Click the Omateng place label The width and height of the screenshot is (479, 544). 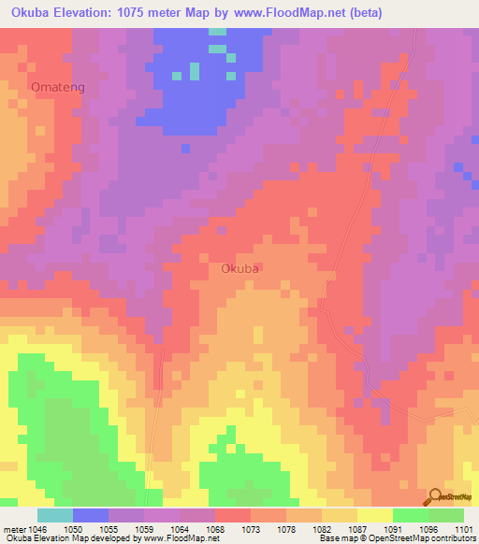(x=58, y=87)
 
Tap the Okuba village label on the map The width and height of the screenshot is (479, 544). (x=240, y=268)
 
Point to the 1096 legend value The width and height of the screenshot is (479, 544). (x=428, y=529)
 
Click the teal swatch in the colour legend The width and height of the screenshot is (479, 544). (x=55, y=515)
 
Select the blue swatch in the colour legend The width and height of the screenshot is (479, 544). (x=91, y=515)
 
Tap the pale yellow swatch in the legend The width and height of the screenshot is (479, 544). (x=375, y=515)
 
